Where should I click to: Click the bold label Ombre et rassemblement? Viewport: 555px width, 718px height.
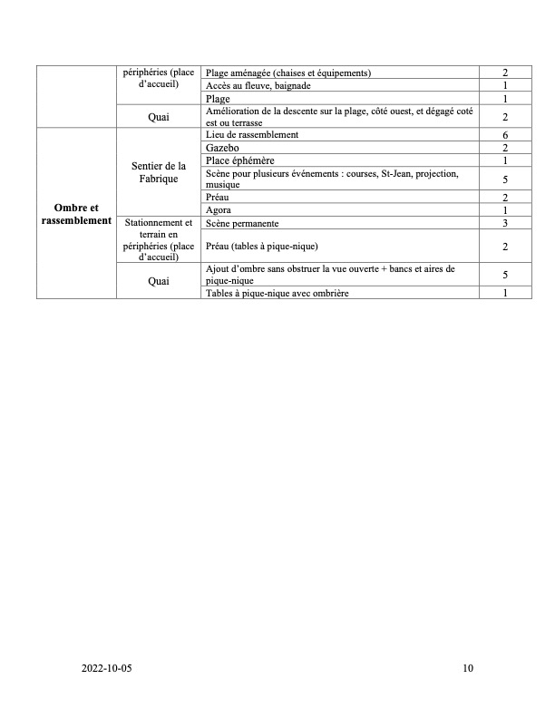pyautogui.click(x=76, y=214)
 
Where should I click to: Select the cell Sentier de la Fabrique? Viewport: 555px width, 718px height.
pyautogui.click(x=159, y=171)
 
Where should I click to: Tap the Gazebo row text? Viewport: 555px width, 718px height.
pyautogui.click(x=223, y=148)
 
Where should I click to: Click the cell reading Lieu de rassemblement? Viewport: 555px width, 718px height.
pyautogui.click(x=252, y=135)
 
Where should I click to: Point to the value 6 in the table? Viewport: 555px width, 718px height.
pyautogui.click(x=504, y=135)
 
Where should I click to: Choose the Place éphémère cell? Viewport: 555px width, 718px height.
pyautogui.click(x=239, y=160)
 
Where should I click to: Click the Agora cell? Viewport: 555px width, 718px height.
pyautogui.click(x=219, y=210)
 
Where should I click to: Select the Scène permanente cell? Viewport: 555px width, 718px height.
pyautogui.click(x=254, y=223)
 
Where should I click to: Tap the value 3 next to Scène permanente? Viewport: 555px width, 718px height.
pyautogui.click(x=504, y=223)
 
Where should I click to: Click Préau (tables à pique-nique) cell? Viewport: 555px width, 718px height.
pyautogui.click(x=264, y=247)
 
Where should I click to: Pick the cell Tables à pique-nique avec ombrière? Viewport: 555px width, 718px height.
pyautogui.click(x=277, y=294)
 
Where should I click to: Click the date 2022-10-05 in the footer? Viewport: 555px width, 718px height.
pyautogui.click(x=112, y=669)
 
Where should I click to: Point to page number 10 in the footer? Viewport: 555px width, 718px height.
pyautogui.click(x=467, y=669)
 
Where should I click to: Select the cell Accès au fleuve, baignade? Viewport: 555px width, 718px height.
pyautogui.click(x=258, y=85)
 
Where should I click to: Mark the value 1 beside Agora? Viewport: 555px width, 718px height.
pyautogui.click(x=504, y=210)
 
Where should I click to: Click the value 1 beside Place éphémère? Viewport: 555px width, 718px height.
pyautogui.click(x=504, y=160)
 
